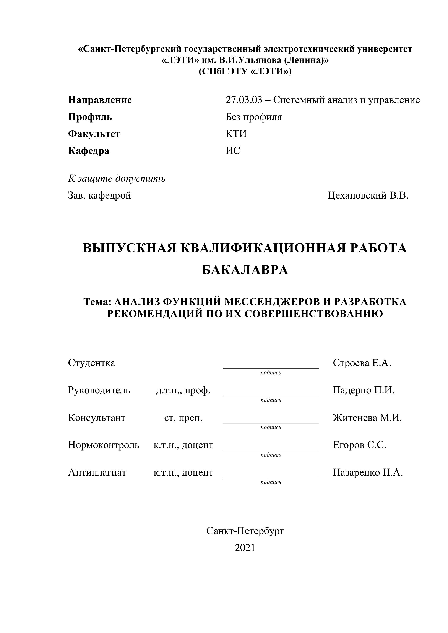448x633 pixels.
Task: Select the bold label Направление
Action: (x=100, y=100)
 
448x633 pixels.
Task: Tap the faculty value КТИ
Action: (x=236, y=134)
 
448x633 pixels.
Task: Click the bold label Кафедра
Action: (x=89, y=151)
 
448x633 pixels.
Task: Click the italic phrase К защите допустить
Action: (x=117, y=179)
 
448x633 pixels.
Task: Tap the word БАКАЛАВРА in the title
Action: (x=245, y=270)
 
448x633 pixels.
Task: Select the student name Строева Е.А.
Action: (x=362, y=363)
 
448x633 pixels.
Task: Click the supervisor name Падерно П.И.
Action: (x=363, y=390)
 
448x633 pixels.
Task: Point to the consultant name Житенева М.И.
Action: (x=367, y=418)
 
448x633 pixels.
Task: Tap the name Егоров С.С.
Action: (x=359, y=445)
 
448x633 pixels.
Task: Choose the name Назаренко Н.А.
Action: (x=368, y=473)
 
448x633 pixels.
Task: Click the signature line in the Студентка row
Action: (x=271, y=368)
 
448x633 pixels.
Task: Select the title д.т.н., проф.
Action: (x=183, y=390)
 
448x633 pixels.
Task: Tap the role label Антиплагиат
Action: (x=97, y=473)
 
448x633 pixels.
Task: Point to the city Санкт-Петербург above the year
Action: (x=245, y=531)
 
